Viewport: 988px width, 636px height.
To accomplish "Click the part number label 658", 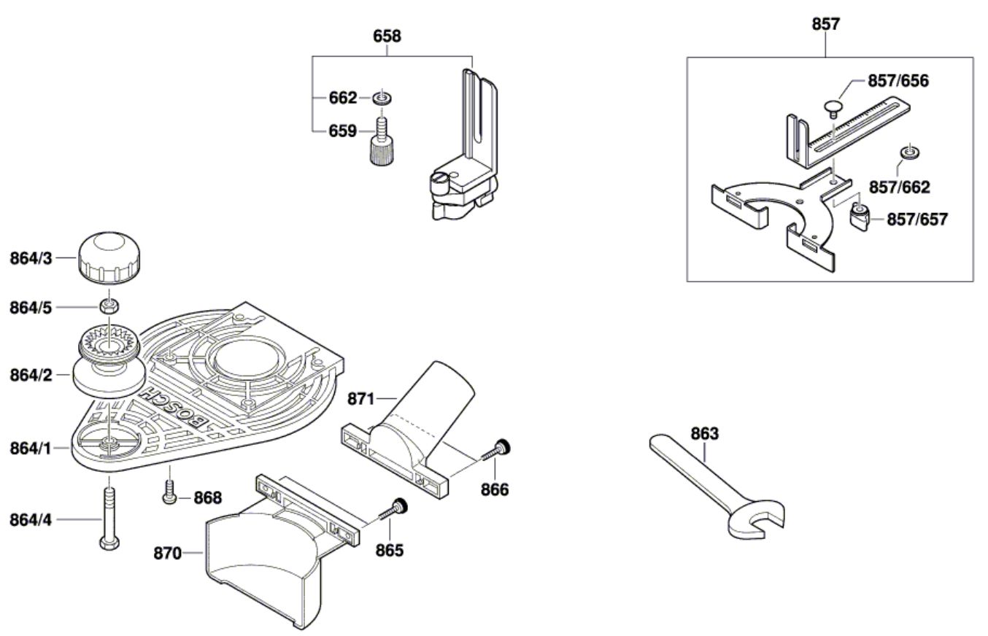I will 387,36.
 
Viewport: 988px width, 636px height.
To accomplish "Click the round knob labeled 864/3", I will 107,257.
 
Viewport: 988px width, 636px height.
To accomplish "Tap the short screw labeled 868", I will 169,494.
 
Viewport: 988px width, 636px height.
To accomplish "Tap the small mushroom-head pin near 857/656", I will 836,108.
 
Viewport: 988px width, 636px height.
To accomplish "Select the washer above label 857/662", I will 907,152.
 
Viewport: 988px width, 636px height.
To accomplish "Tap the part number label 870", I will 167,553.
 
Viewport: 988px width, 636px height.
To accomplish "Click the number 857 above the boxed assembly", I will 825,24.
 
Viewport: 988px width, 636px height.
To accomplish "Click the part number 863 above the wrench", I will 704,434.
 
